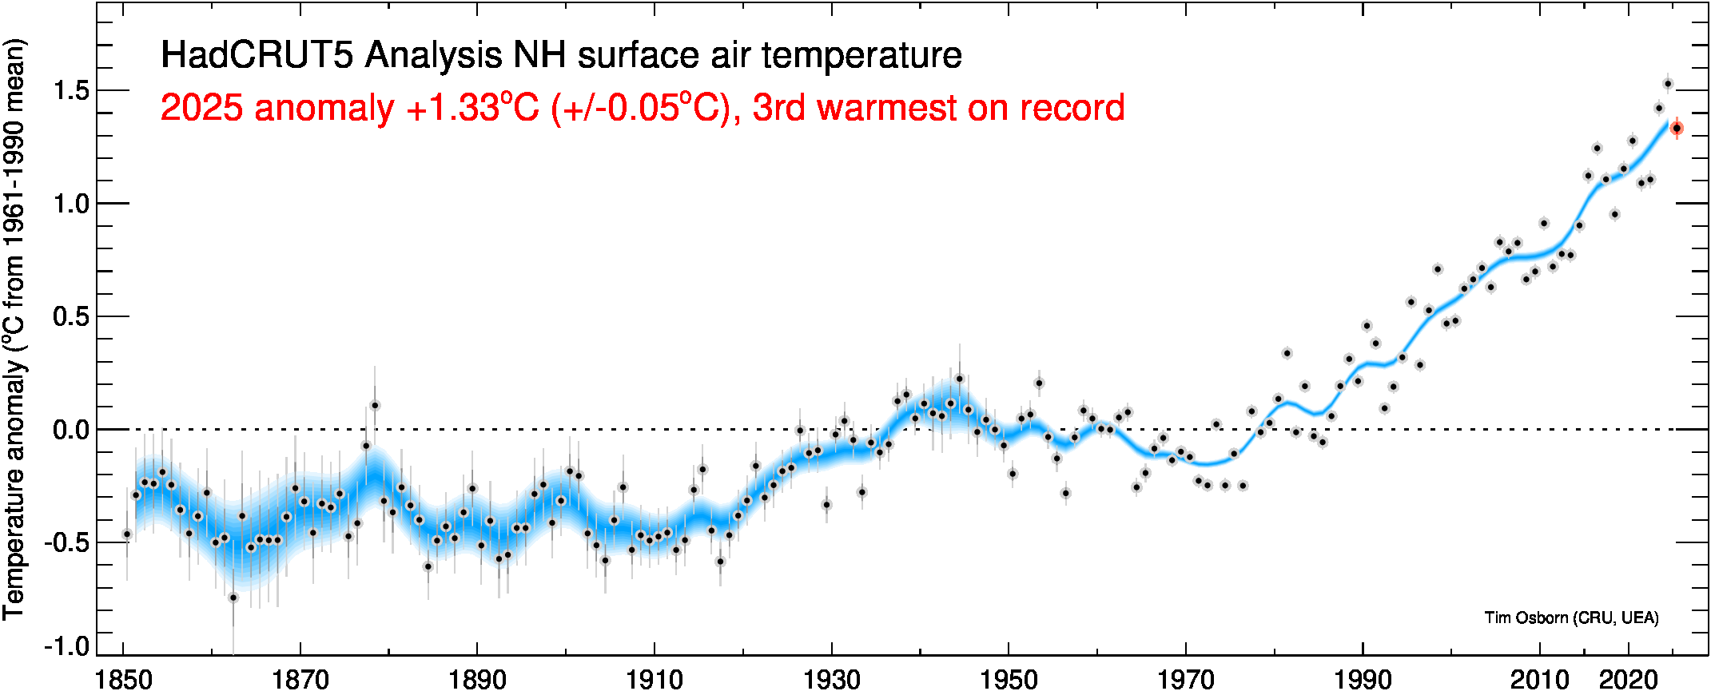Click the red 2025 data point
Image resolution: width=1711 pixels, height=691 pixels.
(x=1677, y=128)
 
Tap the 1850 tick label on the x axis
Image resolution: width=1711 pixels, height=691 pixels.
(x=123, y=679)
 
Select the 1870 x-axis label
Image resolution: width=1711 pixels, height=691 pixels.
(x=300, y=679)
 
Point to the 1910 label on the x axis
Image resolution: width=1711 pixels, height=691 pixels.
(x=655, y=679)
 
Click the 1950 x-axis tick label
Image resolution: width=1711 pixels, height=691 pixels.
(x=1009, y=679)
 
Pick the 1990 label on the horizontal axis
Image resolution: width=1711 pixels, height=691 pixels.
(x=1363, y=679)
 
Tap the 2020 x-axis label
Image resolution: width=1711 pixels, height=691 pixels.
(x=1628, y=679)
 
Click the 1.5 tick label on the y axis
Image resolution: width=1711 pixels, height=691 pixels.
(x=71, y=91)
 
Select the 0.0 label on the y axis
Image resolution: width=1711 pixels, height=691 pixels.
(x=71, y=430)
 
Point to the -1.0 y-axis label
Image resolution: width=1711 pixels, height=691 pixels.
(x=67, y=645)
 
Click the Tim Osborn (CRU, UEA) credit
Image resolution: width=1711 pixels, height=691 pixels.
(x=1571, y=618)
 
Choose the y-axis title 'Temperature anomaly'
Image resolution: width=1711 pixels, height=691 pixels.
(x=14, y=487)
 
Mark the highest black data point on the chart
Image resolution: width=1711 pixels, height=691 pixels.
(x=1668, y=84)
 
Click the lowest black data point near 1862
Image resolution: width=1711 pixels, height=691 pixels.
(x=233, y=598)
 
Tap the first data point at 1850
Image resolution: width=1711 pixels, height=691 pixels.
(x=127, y=534)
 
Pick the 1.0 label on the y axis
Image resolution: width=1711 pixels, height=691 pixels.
(x=71, y=204)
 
